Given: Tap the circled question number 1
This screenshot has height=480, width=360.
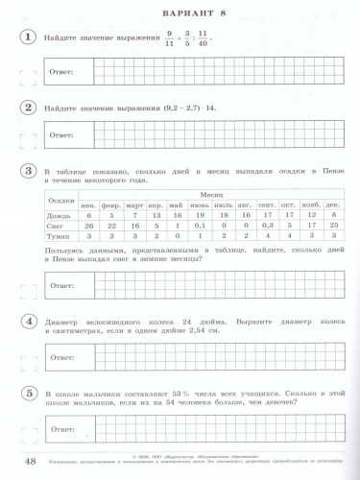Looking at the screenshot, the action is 31,38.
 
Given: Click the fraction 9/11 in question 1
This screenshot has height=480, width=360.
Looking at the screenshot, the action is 171,38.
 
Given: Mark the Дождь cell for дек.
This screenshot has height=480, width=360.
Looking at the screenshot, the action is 332,216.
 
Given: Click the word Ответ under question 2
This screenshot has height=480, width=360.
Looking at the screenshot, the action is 62,137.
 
